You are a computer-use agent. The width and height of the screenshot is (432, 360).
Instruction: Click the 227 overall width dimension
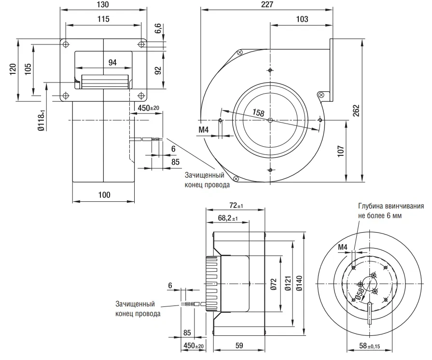click(267, 4)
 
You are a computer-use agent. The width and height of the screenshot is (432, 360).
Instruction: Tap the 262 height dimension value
click(356, 111)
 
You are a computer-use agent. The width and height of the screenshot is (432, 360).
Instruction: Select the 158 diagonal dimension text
click(258, 112)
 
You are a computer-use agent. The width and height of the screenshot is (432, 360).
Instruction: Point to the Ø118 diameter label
click(41, 120)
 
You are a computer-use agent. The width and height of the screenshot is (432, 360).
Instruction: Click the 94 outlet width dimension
click(112, 63)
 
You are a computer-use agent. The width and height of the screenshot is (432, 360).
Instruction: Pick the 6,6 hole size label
click(158, 28)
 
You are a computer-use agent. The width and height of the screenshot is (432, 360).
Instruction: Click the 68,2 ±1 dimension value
click(228, 218)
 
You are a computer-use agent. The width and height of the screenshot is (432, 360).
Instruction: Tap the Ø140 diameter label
click(299, 283)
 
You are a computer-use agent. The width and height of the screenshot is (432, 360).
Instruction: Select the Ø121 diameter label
click(288, 283)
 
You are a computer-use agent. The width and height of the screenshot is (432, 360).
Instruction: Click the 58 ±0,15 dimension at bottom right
click(369, 346)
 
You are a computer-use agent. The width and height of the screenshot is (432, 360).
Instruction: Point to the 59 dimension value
click(239, 346)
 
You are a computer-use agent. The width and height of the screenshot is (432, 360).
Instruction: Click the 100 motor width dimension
click(104, 195)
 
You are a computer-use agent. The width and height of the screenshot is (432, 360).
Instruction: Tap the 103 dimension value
click(302, 19)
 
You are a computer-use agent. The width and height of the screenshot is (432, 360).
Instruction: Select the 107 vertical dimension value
click(341, 151)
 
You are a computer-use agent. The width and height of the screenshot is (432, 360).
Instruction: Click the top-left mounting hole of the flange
click(66, 44)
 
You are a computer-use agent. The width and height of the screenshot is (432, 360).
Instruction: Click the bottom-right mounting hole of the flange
click(141, 96)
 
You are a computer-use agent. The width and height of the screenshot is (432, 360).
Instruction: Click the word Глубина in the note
click(371, 206)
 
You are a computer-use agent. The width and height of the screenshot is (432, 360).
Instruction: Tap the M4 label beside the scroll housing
click(204, 129)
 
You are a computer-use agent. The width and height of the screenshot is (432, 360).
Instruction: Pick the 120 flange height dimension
click(13, 69)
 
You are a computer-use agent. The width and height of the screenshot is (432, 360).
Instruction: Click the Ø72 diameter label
click(273, 284)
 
